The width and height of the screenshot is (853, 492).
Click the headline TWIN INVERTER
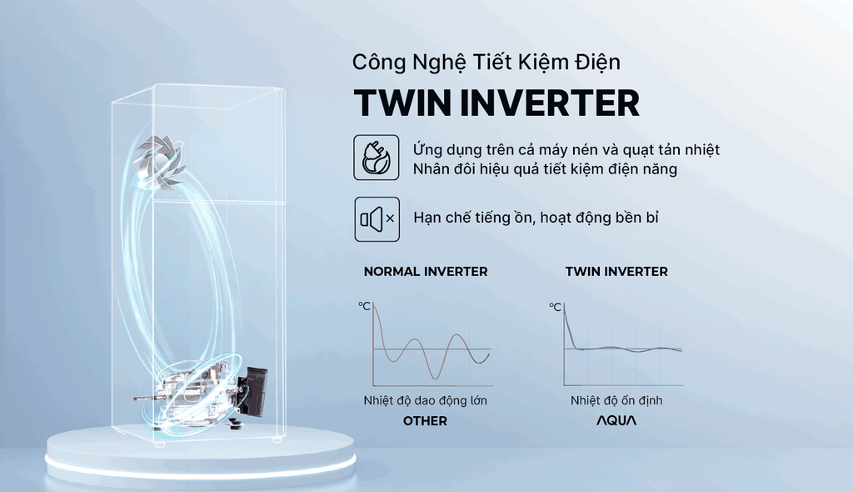coord(496,103)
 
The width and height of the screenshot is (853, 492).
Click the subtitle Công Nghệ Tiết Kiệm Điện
coord(486,62)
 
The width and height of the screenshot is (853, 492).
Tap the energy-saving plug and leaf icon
coord(376,158)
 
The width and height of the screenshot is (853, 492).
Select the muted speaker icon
coord(377,219)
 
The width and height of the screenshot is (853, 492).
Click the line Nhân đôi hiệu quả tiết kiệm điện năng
coord(545,169)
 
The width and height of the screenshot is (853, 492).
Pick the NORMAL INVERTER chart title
coord(426,271)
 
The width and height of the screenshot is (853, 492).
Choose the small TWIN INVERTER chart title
coord(616,271)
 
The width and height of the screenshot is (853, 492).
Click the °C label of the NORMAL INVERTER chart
coord(364,306)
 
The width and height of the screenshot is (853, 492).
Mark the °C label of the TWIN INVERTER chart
coord(555,307)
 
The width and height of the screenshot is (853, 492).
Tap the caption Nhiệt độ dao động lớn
coord(426,400)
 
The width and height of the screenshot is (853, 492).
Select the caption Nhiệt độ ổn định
coord(616,400)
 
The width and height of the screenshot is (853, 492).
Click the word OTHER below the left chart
coord(425,420)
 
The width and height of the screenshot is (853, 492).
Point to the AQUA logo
coord(616,420)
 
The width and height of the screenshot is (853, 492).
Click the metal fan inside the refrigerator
coord(160,162)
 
